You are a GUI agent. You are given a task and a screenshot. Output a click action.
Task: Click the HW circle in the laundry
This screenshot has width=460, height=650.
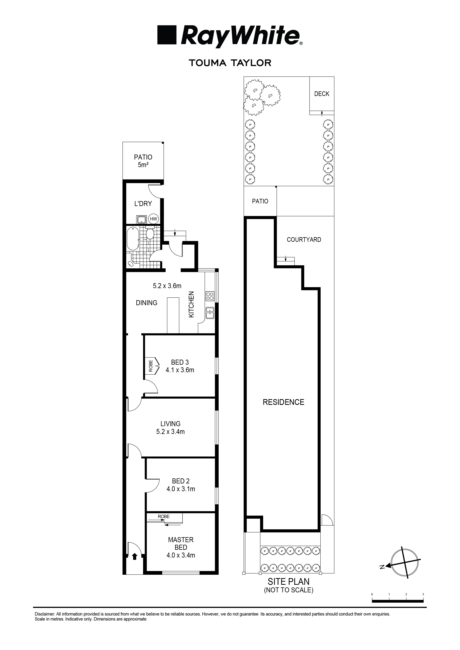[x=154, y=219]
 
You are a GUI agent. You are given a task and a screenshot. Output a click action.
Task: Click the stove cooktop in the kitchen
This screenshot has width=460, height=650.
[x=210, y=296]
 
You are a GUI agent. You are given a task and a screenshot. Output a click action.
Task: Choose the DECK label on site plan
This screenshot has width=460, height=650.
[x=322, y=94]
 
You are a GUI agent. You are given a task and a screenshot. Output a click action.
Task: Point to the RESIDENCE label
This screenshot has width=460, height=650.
[x=283, y=402]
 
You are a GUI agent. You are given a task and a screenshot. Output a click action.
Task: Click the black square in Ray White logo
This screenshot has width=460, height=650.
[x=167, y=35]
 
